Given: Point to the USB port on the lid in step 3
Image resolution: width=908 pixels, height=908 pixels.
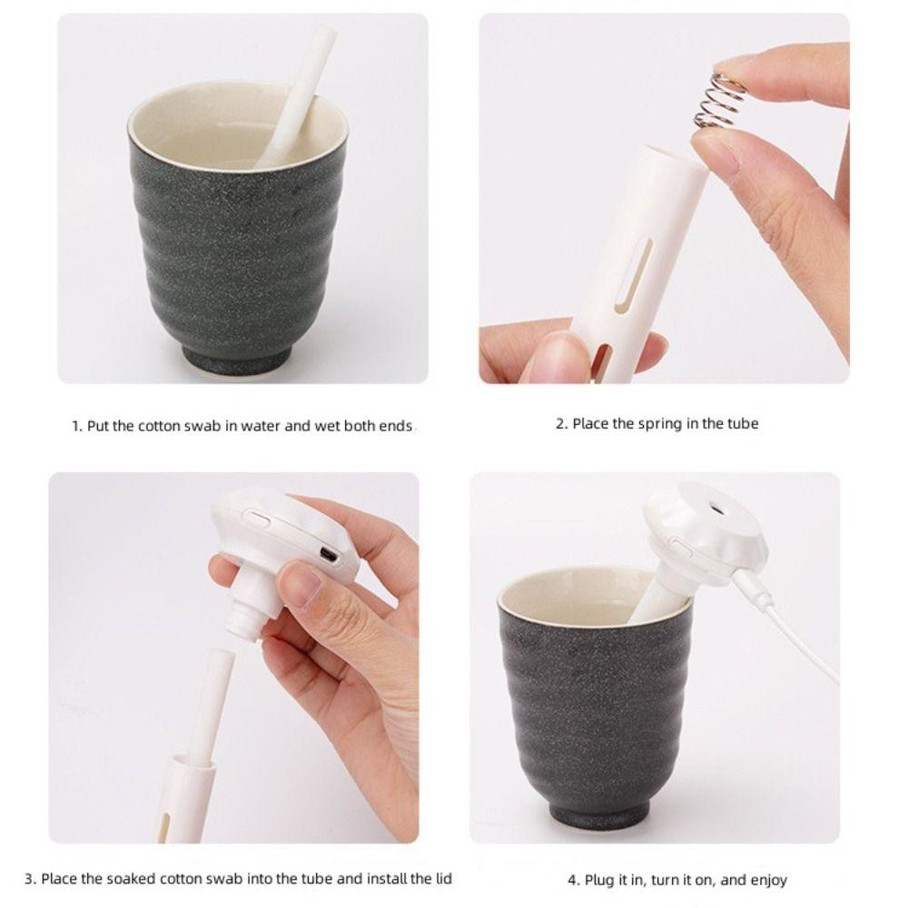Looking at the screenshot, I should [329, 553].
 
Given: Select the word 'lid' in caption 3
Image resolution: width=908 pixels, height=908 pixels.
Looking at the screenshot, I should [440, 878].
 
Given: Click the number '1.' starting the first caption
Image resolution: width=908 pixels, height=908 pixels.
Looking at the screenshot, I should [77, 426].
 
